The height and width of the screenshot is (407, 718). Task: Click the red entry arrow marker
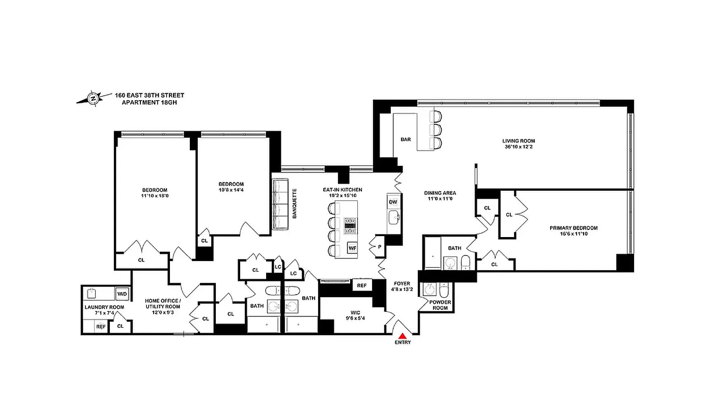point(403,336)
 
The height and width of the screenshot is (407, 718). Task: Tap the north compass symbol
point(94,98)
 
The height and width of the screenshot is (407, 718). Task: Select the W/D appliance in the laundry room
point(122,294)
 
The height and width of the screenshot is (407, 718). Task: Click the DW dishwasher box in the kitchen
point(393,202)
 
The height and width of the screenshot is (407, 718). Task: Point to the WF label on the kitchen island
point(352,248)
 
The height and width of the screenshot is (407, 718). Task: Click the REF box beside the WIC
point(362,285)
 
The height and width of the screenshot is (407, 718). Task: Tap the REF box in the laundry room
point(101,327)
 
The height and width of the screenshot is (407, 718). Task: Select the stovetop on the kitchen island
point(350,224)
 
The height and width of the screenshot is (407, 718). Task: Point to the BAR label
point(406,139)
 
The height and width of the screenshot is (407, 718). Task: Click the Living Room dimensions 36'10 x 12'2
point(519,148)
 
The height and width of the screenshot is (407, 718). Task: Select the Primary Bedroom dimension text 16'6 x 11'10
point(573,235)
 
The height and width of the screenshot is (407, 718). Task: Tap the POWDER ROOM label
point(440,305)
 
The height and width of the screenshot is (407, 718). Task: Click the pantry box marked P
point(379,247)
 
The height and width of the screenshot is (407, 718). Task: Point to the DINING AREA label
point(440,193)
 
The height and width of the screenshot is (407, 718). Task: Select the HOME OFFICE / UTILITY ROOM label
point(163,303)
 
